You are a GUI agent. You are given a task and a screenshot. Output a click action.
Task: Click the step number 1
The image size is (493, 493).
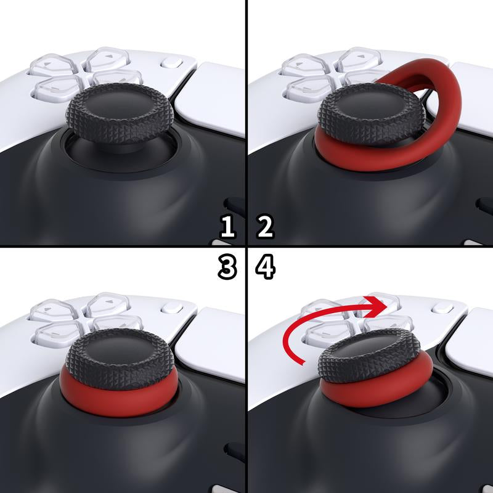point(228,227)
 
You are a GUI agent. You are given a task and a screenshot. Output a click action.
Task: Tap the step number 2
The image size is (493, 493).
point(265,227)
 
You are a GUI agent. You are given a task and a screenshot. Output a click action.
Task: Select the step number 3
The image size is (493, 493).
point(228,267)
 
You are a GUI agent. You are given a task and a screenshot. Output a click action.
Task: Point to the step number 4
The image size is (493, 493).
point(266,267)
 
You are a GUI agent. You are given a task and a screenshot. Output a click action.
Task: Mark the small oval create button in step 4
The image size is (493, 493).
point(439,307)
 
